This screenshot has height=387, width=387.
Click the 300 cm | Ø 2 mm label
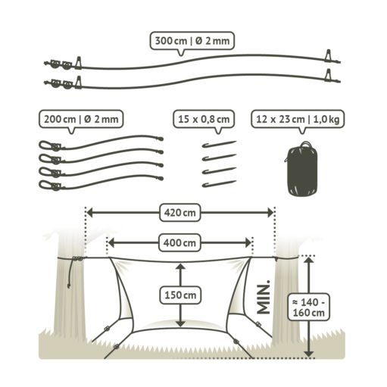pyautogui.click(x=192, y=41)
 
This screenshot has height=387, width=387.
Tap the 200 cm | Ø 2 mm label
pyautogui.click(x=81, y=119)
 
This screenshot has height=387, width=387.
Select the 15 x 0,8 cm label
pyautogui.click(x=204, y=119)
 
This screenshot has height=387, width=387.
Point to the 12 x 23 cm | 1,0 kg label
pyautogui.click(x=298, y=119)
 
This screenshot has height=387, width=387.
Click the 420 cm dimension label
pyautogui.click(x=180, y=213)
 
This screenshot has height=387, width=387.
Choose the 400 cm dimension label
pyautogui.click(x=179, y=243)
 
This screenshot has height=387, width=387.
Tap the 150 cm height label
pyautogui.click(x=180, y=295)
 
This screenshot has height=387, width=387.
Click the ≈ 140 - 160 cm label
pyautogui.click(x=308, y=307)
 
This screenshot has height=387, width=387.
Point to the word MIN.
pyautogui.click(x=264, y=297)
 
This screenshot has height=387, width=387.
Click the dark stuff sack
pyautogui.click(x=302, y=169)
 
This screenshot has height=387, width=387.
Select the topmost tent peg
pyautogui.click(x=219, y=145)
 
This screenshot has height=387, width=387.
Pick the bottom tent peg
pyautogui.click(x=219, y=184)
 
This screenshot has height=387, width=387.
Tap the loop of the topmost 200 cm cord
pyautogui.click(x=45, y=145)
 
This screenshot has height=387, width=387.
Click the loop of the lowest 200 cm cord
pyautogui.click(x=45, y=185)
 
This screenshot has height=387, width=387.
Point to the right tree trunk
pyautogui.click(x=286, y=290)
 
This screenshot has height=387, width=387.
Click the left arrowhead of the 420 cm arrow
pyautogui.click(x=90, y=213)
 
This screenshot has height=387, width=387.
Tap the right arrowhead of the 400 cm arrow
pyautogui.click(x=248, y=243)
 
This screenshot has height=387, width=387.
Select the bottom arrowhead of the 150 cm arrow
pyautogui.click(x=180, y=323)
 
